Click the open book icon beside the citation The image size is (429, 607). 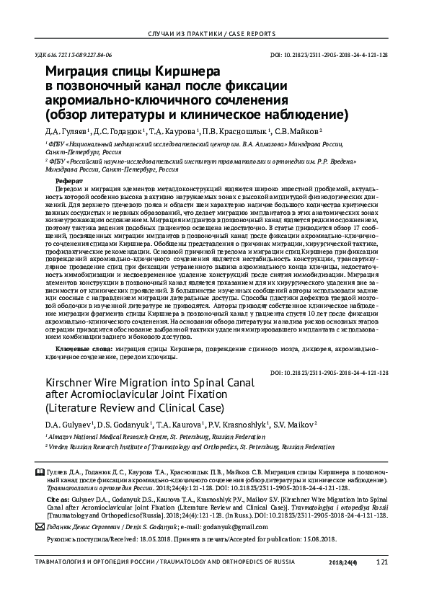tap(49, 470)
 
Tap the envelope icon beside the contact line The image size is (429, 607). tap(48, 526)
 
